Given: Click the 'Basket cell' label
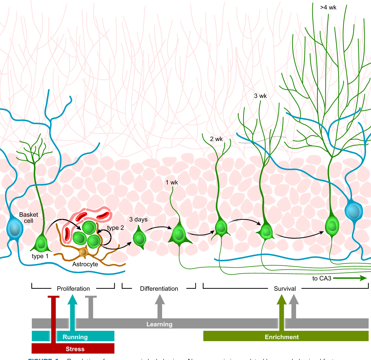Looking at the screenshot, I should [28, 218].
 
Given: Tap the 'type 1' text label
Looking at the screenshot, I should [40, 256].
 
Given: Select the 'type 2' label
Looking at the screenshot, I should [115, 228].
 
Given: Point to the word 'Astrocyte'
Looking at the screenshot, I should [85, 264].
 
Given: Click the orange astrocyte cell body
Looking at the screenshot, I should [83, 252].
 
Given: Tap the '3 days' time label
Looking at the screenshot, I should [138, 220].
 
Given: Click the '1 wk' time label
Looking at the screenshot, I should [172, 183].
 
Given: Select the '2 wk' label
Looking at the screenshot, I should [216, 139].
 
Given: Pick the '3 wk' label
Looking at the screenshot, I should [260, 96].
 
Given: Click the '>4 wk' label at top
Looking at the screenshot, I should [328, 8].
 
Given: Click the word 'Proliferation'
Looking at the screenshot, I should [73, 289].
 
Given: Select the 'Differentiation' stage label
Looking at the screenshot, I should [159, 289].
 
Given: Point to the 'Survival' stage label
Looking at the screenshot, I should [285, 289].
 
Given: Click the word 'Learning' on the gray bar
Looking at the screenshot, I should [159, 324].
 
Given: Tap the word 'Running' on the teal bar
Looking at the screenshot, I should [75, 337].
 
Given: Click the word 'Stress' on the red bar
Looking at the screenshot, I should [75, 349].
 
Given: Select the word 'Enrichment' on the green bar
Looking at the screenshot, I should [282, 337].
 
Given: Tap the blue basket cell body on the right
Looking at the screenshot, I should [353, 211].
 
